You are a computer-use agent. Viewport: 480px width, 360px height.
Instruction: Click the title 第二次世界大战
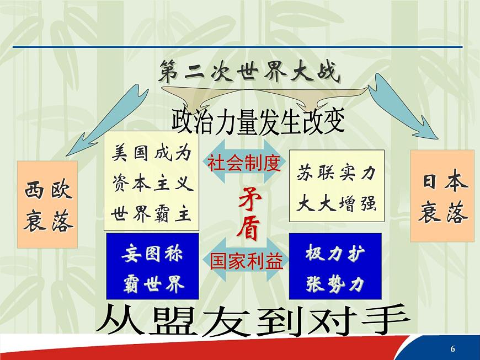pyautogui.click(x=249, y=73)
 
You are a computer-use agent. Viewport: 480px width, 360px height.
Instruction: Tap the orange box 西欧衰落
pyautogui.click(x=47, y=204)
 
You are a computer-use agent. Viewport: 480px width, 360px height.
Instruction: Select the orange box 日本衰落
pyautogui.click(x=442, y=196)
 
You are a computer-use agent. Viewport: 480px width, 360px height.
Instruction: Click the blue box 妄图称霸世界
pyautogui.click(x=153, y=267)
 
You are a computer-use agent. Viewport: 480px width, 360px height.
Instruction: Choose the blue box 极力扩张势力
pyautogui.click(x=335, y=267)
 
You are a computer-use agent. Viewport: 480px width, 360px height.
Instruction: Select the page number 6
pyautogui.click(x=453, y=348)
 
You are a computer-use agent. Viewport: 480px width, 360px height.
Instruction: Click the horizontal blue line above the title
pyautogui.click(x=237, y=47)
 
